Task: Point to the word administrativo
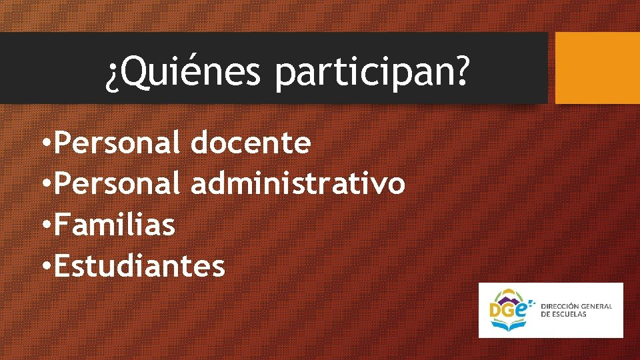pos(297,183)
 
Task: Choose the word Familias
pos(115,225)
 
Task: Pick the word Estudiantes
pos(139,266)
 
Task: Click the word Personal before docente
pos(117,142)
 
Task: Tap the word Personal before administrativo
pos(117,183)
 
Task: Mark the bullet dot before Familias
pos(45,225)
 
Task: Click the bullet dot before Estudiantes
pos(45,267)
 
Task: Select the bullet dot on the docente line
pos(45,143)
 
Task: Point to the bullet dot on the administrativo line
pos(45,184)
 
